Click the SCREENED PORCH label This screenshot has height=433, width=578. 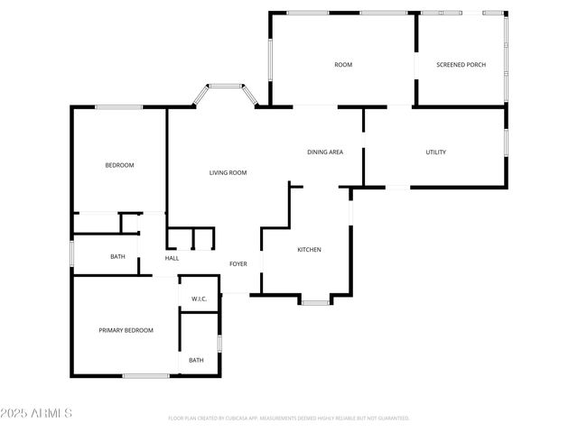pos(461,65)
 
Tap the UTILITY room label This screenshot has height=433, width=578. pos(435,152)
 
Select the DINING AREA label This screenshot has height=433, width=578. pos(325,152)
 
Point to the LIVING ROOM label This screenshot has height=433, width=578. pos(228,172)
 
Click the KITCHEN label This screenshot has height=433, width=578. pos(310,250)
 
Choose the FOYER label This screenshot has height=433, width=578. pos(238,264)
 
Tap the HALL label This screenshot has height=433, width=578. pos(172,259)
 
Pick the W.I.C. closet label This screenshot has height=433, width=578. pos(199,299)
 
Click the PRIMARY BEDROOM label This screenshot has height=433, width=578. pos(126,330)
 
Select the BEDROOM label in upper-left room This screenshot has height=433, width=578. pos(119,165)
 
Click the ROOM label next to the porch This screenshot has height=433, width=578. pos(343,65)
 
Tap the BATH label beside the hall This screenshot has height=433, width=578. pos(117,257)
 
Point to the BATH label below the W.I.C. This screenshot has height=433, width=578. pos(196,361)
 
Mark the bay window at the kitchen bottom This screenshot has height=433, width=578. pos(314,302)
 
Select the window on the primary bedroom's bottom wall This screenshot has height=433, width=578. pos(146,375)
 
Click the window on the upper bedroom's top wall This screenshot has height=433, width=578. pos(119,108)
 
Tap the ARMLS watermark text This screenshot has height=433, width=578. pos(37,413)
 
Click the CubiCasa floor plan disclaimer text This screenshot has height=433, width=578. pos(289,419)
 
